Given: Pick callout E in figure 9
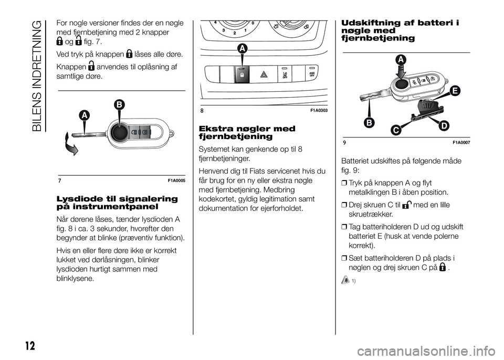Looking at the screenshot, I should point(454,91).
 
